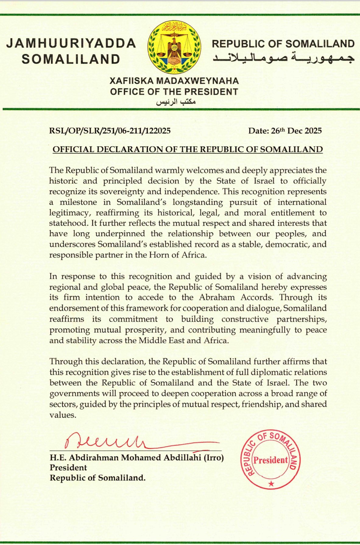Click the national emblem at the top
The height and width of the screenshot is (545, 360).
coord(174,48)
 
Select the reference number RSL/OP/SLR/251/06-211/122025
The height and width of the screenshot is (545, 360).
coord(110,131)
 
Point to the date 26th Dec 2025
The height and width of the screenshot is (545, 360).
coord(285,131)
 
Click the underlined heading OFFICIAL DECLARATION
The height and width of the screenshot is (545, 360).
coord(188,150)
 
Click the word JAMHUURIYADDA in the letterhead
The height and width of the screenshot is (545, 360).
coord(71,43)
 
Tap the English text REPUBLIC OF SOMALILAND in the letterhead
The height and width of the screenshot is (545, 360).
coord(283,44)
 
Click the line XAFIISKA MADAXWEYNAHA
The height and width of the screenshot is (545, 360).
coord(174,81)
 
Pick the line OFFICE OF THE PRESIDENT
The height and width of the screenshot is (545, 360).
coord(174,92)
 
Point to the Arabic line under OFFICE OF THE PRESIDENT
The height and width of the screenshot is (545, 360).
coord(176,102)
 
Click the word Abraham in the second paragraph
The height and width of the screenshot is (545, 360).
coord(217,298)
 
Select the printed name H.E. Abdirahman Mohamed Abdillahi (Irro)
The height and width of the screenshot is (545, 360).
coord(137,458)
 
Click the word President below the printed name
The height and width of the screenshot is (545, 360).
coord(68,468)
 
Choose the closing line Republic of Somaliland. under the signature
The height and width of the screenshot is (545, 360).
coord(97,478)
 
